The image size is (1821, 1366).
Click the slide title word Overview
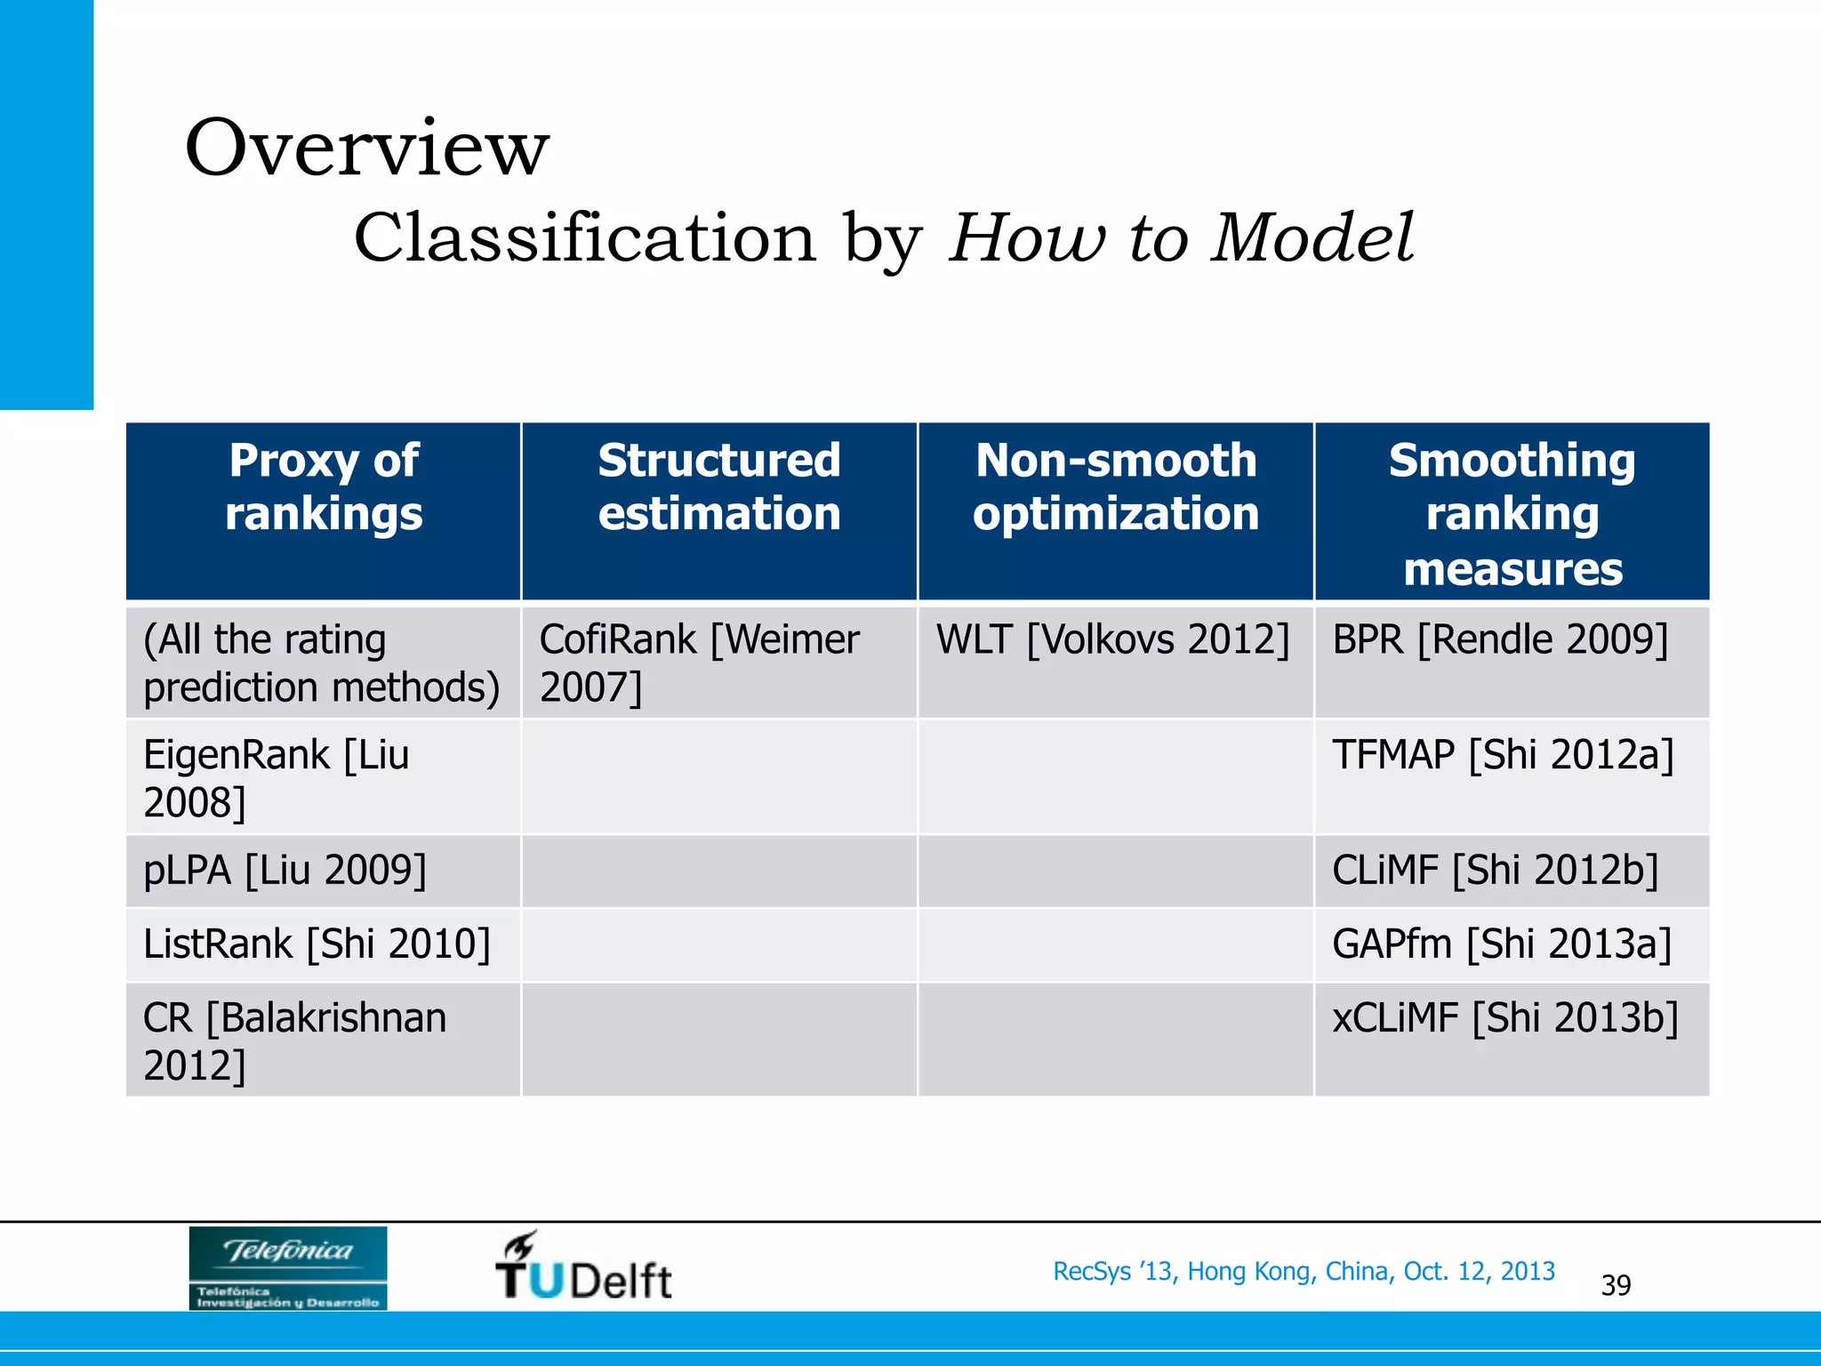point(366,149)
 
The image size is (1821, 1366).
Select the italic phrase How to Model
point(1181,238)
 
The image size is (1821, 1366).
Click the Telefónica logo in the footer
point(288,1267)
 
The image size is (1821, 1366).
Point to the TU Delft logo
point(583,1267)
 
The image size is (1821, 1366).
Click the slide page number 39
point(1616,1285)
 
